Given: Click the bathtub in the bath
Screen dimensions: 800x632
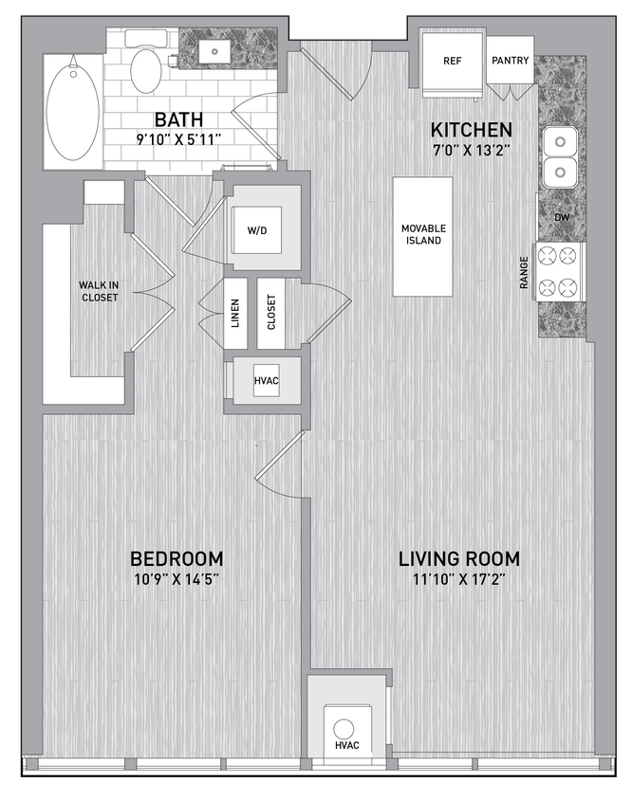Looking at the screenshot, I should [x=73, y=111].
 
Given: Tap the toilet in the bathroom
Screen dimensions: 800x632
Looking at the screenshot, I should [x=146, y=68].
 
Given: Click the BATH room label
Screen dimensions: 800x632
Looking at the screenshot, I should [x=177, y=119].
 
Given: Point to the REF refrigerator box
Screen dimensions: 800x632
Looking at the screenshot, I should [x=453, y=61].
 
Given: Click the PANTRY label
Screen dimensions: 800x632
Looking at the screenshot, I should [x=511, y=61].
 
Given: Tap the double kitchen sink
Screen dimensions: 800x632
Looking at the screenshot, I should [x=560, y=157].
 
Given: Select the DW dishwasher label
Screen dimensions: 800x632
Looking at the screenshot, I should [x=561, y=216].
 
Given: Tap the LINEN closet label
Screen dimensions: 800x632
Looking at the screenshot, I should [x=235, y=313].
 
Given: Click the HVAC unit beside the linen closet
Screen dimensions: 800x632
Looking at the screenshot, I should [x=266, y=381].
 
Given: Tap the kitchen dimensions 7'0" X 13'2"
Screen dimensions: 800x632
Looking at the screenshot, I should [x=472, y=148].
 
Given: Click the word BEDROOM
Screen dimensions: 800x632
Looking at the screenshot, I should [x=177, y=558].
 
